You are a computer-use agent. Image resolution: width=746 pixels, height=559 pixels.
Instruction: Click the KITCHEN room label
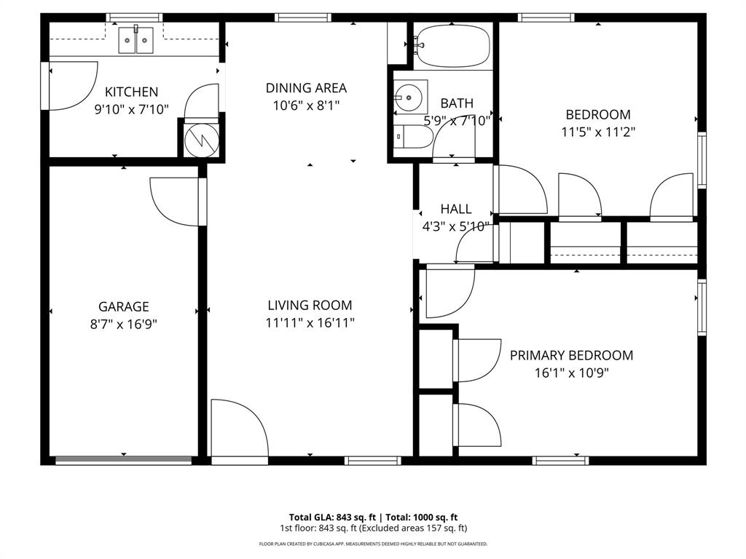tap(131, 92)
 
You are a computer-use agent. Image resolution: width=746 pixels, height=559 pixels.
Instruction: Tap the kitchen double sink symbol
tap(136, 39)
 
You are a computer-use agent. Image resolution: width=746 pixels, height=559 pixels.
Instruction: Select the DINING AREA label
tap(306, 88)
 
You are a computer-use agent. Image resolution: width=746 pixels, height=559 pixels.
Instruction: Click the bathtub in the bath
tap(452, 46)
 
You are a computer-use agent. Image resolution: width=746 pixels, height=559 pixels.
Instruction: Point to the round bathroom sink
tap(408, 95)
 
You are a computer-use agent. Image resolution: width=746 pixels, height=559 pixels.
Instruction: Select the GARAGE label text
tap(124, 307)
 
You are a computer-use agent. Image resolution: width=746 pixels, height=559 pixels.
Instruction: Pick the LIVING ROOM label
tap(310, 306)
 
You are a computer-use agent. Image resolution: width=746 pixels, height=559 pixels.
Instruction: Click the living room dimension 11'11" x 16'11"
tap(310, 323)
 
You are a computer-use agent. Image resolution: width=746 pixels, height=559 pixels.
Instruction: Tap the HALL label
tap(456, 209)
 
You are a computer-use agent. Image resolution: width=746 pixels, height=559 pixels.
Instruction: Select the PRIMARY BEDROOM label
tap(571, 355)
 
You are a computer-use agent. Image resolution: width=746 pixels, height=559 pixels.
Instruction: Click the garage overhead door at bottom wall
tap(124, 459)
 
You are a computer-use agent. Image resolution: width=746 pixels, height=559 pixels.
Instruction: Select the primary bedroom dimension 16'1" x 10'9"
tap(571, 373)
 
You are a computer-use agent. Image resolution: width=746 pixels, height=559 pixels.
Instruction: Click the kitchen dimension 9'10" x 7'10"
tap(131, 110)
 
